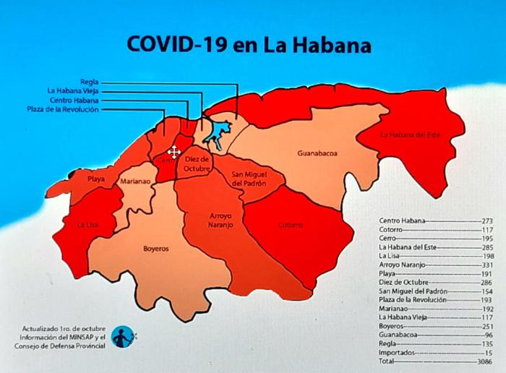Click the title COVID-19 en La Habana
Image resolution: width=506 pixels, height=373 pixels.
(249, 44)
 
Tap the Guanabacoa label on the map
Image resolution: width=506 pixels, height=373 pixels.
(317, 153)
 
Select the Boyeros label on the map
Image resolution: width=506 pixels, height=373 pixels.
(155, 248)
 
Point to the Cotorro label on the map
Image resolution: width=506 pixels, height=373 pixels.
(291, 225)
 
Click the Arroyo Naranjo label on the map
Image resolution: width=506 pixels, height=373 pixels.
(221, 220)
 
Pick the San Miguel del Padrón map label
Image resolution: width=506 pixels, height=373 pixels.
(249, 179)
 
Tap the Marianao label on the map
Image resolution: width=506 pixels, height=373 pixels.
(135, 182)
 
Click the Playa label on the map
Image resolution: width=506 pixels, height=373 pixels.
(96, 179)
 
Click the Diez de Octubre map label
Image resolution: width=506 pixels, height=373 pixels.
(196, 163)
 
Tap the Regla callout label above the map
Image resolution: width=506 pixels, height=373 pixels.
(90, 82)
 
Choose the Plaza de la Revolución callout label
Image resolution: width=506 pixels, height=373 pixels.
(62, 109)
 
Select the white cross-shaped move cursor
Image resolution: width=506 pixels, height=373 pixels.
(174, 152)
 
